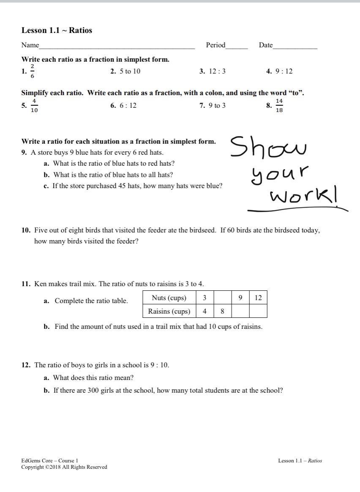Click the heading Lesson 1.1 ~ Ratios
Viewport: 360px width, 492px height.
[57, 30]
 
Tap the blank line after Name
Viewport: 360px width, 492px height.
[117, 46]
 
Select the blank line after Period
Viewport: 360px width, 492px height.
[237, 46]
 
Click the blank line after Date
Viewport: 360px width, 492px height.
[295, 46]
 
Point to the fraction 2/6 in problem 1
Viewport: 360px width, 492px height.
[33, 71]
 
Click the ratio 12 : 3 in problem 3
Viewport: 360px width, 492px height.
[217, 71]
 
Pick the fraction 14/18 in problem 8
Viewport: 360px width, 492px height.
[279, 106]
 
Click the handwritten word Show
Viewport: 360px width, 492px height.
[268, 147]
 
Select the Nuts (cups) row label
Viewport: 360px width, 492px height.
[169, 298]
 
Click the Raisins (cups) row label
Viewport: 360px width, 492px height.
[169, 312]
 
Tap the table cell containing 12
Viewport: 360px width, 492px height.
[258, 298]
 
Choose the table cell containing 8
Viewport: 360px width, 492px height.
[222, 312]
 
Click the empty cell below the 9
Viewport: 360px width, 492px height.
[240, 312]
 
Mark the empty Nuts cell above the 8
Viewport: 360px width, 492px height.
[222, 298]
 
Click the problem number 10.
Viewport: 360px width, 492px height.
[26, 230]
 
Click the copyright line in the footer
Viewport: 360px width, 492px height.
[64, 467]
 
